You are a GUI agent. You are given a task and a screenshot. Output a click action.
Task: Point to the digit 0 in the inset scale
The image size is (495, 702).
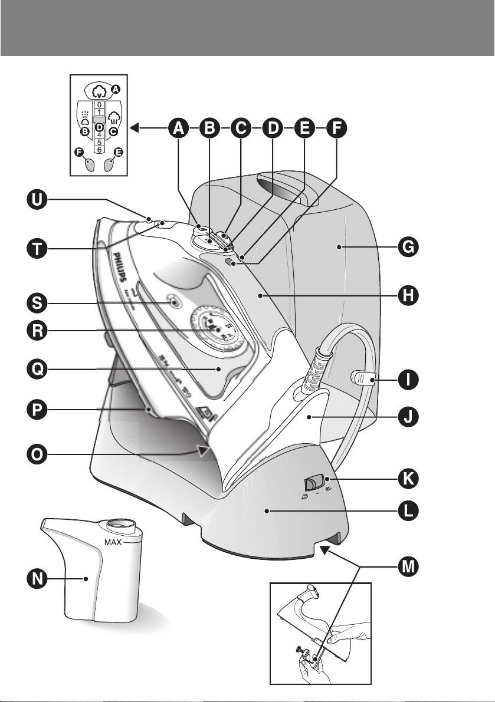99,104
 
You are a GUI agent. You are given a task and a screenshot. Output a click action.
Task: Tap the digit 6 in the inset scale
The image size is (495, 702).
99,150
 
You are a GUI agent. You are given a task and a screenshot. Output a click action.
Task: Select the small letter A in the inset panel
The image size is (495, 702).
116,89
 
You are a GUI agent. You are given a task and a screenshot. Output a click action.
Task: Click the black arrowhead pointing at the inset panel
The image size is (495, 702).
135,127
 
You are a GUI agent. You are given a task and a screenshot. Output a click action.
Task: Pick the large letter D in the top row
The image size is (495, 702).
273,127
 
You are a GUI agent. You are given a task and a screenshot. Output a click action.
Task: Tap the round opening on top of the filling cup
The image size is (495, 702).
121,523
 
